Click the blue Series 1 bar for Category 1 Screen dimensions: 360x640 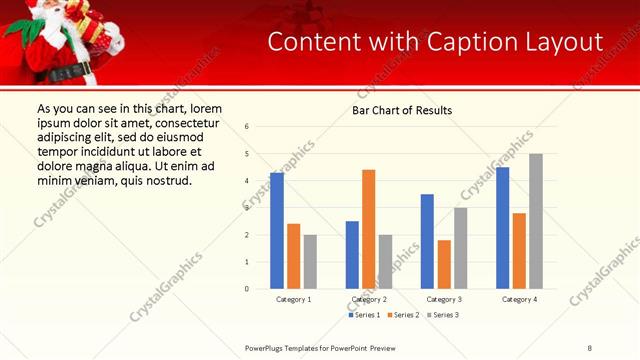click(x=277, y=231)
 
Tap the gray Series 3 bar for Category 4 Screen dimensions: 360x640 click(x=536, y=221)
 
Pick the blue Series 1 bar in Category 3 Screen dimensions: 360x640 click(x=427, y=241)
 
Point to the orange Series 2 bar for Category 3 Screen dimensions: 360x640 click(x=444, y=264)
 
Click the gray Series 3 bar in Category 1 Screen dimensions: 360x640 click(x=310, y=262)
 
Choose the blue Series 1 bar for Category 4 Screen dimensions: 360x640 click(x=502, y=228)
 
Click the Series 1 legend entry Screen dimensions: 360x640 click(x=364, y=315)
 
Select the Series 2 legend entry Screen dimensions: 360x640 click(x=403, y=315)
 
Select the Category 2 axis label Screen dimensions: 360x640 click(x=369, y=299)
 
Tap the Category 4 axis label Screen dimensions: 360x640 click(x=519, y=299)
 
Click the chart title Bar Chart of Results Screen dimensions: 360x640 click(x=402, y=110)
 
